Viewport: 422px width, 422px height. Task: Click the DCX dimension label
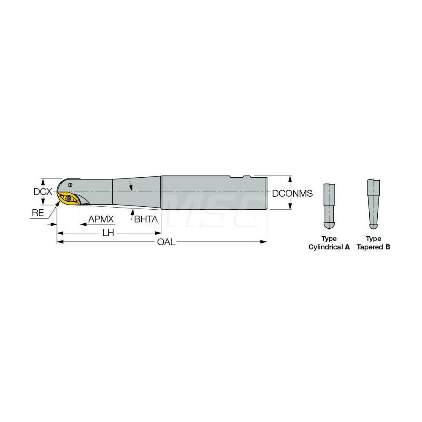coord(43,192)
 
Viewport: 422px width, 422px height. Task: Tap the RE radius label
coord(38,213)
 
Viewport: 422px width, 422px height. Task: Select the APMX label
coord(101,219)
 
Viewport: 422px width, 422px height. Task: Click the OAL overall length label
coord(166,242)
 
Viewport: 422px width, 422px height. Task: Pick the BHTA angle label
coord(146,219)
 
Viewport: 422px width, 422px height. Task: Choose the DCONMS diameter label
coord(292,193)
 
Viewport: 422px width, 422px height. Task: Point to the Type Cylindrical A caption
coord(329,243)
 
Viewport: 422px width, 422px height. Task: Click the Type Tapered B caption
coord(373,243)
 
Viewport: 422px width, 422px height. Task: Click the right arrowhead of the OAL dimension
coord(265,242)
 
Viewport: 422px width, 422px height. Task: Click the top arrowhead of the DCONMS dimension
coord(290,178)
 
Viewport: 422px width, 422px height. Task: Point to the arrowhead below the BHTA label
coord(132,211)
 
